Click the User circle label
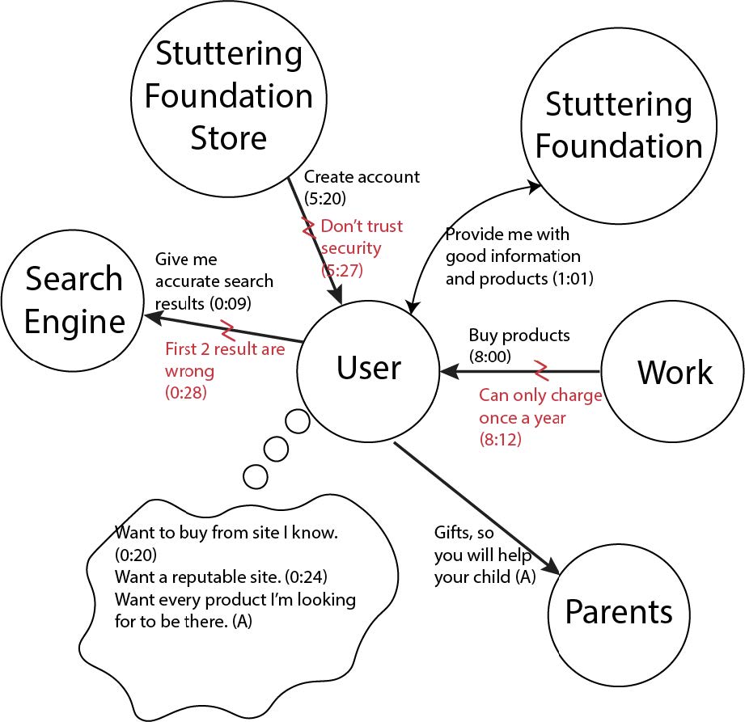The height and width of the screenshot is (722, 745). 368,369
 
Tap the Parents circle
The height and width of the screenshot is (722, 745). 618,612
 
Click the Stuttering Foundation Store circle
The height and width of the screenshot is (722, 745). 229,95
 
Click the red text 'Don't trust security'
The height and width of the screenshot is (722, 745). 361,237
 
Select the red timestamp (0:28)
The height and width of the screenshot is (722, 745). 185,392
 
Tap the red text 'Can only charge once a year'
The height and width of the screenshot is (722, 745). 540,407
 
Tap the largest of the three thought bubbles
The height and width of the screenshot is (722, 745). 297,421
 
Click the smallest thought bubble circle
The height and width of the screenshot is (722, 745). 256,476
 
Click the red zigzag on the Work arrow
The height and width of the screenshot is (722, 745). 540,370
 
